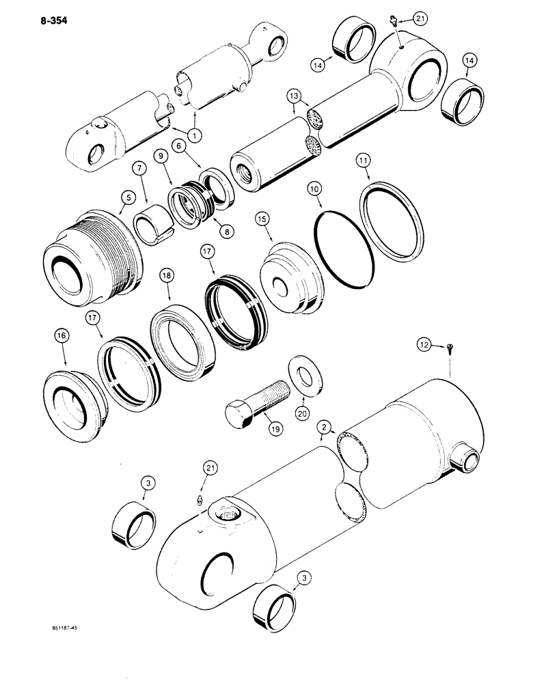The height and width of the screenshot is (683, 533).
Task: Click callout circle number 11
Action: point(364,160)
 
